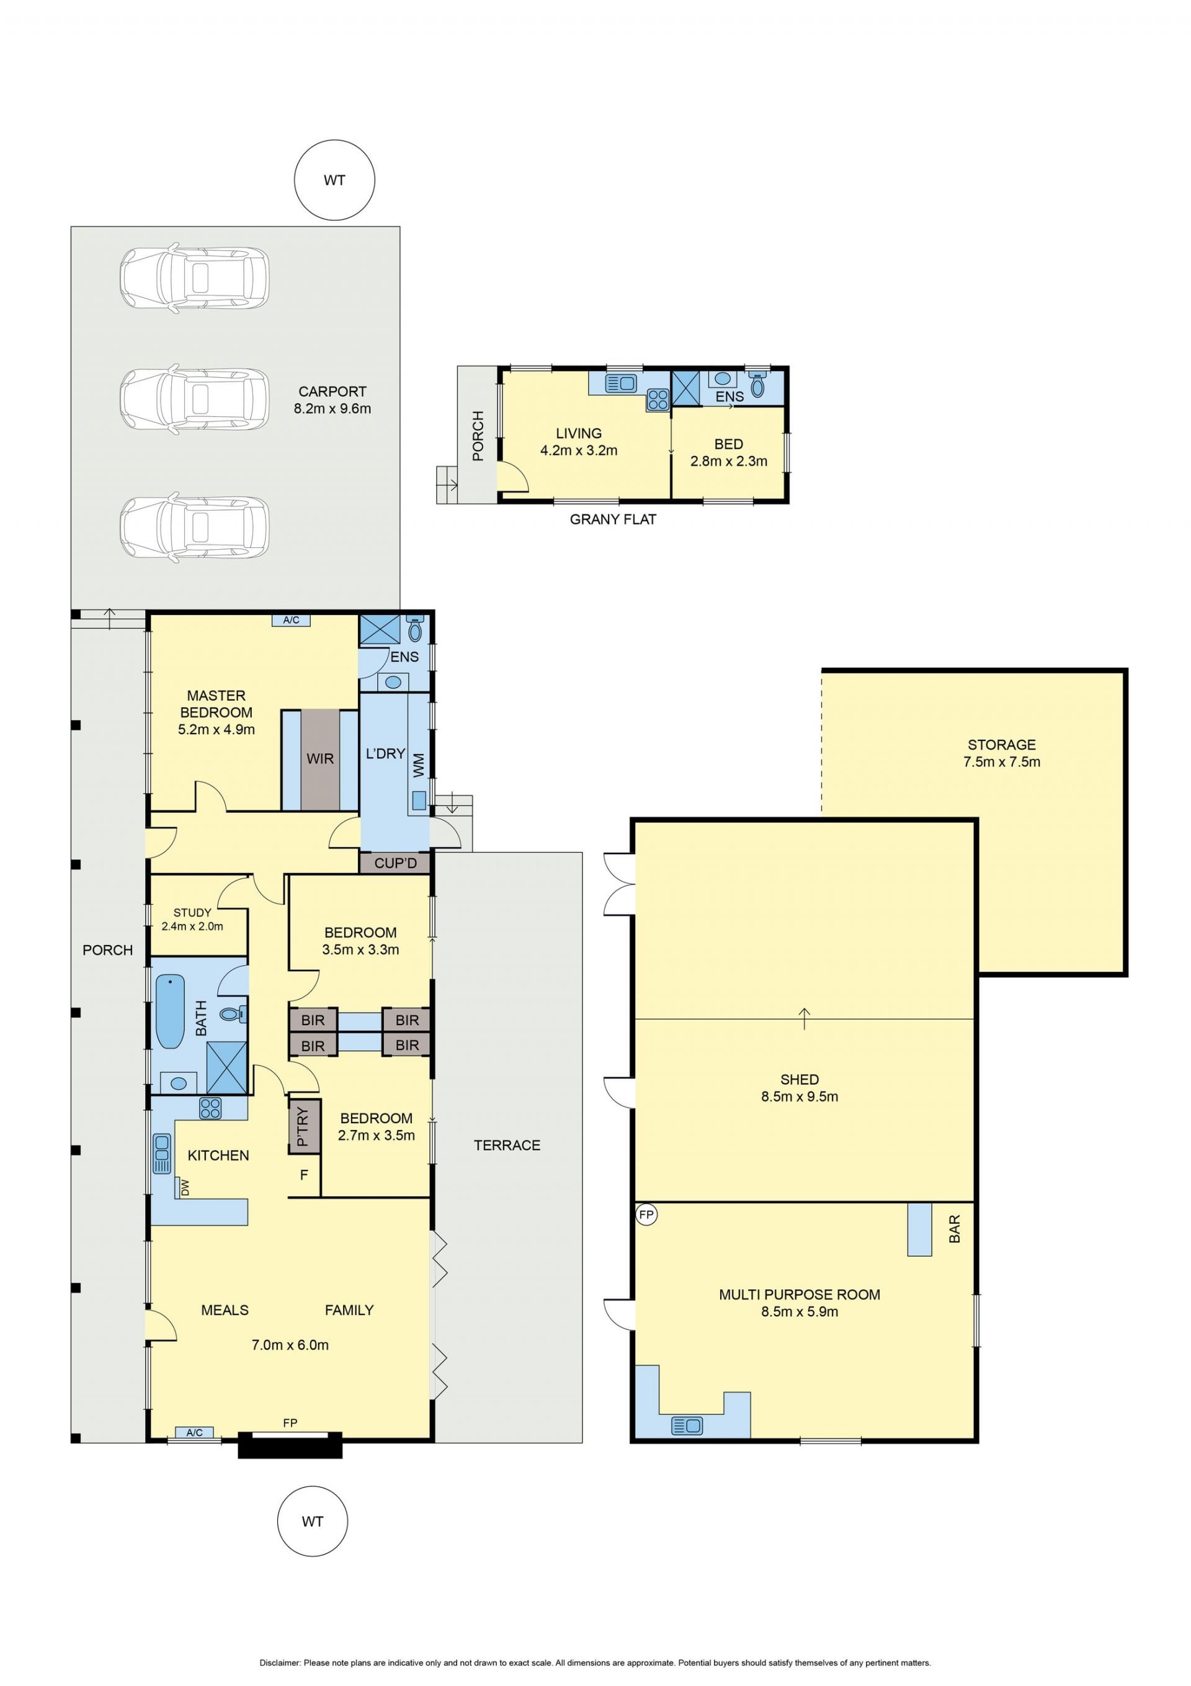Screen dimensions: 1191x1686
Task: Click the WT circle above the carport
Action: pyautogui.click(x=334, y=180)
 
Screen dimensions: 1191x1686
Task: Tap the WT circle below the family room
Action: pyautogui.click(x=312, y=1521)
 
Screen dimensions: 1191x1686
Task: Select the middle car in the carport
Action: pyautogui.click(x=195, y=400)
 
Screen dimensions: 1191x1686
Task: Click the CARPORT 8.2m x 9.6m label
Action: pyautogui.click(x=332, y=400)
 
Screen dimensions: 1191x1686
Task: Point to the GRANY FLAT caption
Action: pyautogui.click(x=613, y=519)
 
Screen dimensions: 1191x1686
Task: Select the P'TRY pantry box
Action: pyautogui.click(x=304, y=1126)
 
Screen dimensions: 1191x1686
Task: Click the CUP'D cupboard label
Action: pyautogui.click(x=395, y=863)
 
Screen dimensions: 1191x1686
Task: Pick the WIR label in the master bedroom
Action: pyautogui.click(x=320, y=758)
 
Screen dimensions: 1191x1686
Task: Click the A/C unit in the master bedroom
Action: pyautogui.click(x=291, y=620)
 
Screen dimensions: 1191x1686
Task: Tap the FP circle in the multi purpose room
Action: pyautogui.click(x=646, y=1214)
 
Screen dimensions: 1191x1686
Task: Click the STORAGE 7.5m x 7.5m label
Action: pyautogui.click(x=1002, y=753)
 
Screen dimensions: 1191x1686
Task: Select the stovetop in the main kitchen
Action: pyautogui.click(x=210, y=1108)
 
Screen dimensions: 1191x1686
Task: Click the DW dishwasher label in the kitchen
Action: pyautogui.click(x=185, y=1187)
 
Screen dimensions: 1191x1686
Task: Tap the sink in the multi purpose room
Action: pyautogui.click(x=687, y=1425)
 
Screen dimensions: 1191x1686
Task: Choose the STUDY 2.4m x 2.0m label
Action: pyautogui.click(x=192, y=920)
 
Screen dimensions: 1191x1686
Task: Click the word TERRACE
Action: pyautogui.click(x=507, y=1145)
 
